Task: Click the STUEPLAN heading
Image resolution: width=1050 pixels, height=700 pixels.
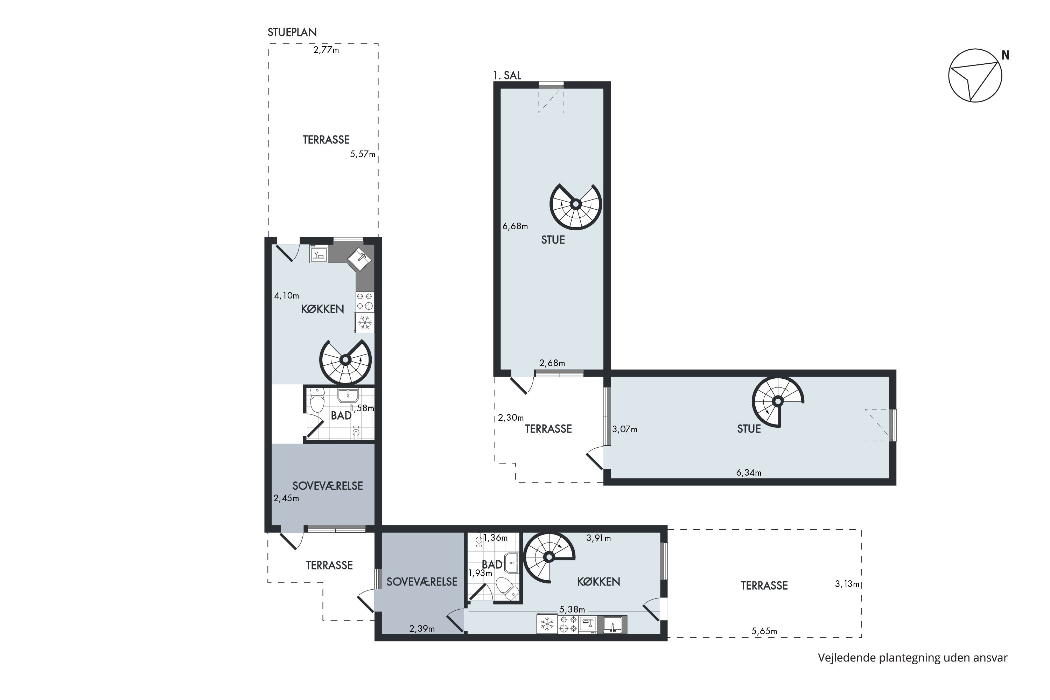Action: point(292,32)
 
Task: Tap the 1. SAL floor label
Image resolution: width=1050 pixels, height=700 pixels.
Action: point(507,76)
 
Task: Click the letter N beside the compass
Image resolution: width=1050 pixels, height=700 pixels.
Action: point(1005,55)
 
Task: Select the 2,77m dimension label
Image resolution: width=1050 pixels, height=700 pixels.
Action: point(326,50)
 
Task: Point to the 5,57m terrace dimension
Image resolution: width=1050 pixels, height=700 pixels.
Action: point(363,154)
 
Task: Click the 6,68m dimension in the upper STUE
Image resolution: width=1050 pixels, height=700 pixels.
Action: point(515,226)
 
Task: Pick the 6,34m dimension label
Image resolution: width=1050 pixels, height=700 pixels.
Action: point(749,473)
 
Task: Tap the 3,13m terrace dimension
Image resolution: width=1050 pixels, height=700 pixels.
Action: point(847,584)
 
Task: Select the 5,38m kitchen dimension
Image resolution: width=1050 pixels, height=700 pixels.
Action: point(572,610)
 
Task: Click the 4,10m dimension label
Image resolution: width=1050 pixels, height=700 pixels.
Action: point(287,295)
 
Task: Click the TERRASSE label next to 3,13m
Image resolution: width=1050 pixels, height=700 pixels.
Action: point(764,586)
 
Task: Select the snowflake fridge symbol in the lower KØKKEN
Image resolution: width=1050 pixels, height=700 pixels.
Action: point(547,624)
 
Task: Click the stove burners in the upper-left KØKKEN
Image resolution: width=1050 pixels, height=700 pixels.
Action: point(365,301)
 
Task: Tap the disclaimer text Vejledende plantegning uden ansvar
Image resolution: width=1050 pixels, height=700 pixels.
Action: point(913,658)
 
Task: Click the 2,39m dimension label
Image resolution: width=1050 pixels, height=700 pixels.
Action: point(422,629)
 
